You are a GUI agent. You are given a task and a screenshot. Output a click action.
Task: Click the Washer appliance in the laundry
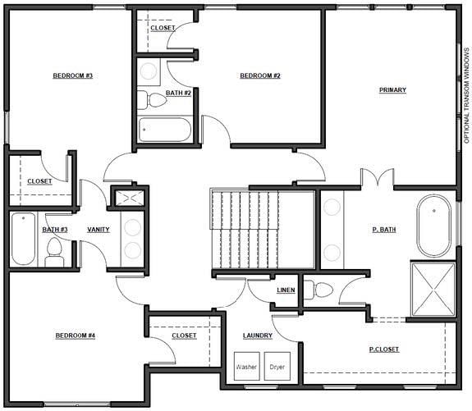247,366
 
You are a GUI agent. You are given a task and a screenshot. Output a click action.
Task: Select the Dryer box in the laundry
277,366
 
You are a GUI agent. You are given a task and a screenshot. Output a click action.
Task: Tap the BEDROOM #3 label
73,75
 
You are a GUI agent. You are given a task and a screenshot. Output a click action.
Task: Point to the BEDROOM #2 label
260,75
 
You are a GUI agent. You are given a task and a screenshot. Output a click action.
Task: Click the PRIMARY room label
392,89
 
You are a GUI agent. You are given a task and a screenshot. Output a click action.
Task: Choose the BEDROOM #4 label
76,336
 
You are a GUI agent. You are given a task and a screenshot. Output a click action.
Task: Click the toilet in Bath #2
152,100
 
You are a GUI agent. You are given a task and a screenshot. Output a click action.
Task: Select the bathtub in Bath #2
165,130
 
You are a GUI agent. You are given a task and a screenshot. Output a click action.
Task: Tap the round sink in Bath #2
149,71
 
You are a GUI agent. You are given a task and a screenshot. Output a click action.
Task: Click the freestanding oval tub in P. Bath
433,226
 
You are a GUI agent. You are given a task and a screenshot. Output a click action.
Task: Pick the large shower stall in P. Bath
433,290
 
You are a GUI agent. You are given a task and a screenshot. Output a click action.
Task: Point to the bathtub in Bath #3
24,239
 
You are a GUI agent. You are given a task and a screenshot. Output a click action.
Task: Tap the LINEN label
286,290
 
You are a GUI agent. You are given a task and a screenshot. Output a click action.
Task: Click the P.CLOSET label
384,349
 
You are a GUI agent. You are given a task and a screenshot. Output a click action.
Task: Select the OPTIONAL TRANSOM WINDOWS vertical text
466,96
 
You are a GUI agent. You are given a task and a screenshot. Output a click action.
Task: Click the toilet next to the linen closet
318,290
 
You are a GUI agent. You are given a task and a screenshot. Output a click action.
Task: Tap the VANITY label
99,230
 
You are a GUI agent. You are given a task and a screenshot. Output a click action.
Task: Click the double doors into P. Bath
378,177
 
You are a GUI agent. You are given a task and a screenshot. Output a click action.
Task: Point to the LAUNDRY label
258,336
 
